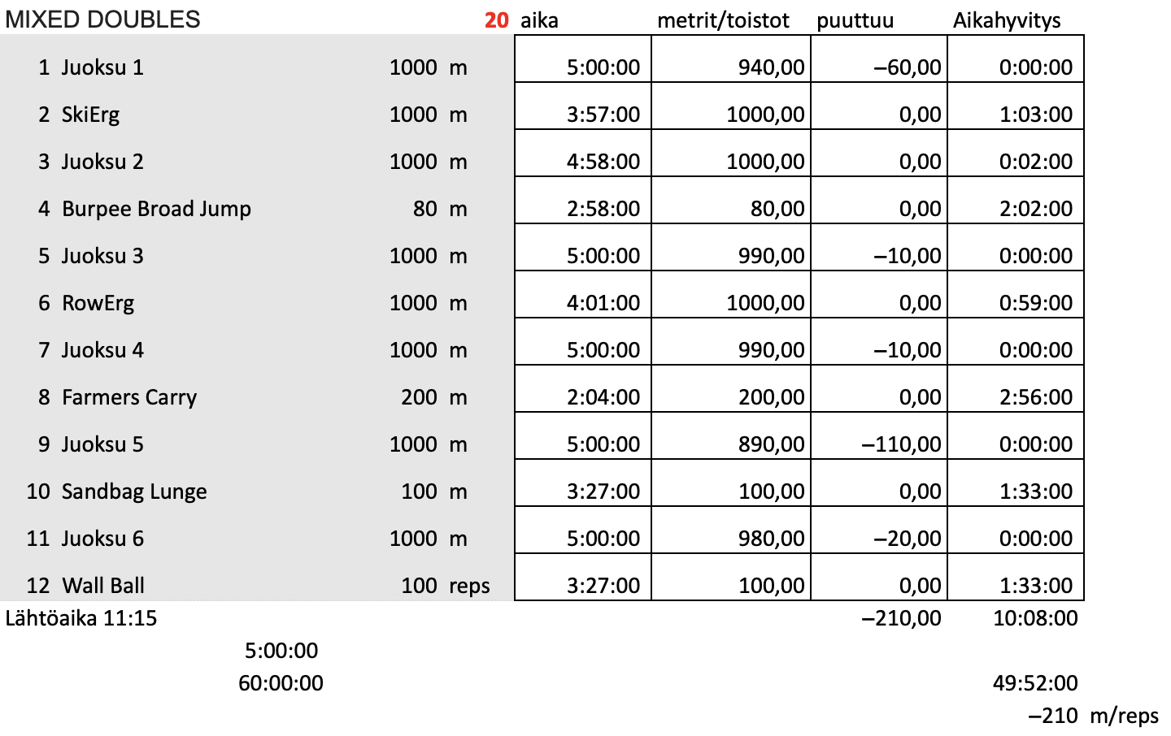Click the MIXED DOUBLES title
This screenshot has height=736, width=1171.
coord(102,19)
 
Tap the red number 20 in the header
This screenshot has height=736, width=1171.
coord(496,20)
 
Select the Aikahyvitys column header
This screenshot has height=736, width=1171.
coord(1007,20)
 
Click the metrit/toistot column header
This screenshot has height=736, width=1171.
coord(723,20)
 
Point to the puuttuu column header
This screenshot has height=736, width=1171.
coord(855,20)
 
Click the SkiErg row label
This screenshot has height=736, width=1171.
coord(90,115)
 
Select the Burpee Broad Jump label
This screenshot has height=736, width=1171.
coord(156,209)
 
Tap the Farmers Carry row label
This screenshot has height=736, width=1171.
coord(129,397)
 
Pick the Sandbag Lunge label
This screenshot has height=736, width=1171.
coord(134,491)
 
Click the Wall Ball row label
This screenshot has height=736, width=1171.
coord(103,586)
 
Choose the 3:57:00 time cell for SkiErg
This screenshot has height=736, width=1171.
coord(603,115)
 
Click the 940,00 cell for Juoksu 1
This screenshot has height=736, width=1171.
coord(771,67)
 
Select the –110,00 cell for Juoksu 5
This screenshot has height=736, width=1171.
coord(901,444)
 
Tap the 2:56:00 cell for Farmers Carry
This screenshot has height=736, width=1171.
coord(1035,397)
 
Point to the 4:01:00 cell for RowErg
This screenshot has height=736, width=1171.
coord(603,303)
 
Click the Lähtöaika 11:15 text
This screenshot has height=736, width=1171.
coord(81,618)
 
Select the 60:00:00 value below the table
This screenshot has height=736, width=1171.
coord(281,683)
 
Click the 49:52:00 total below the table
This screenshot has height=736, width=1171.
coord(1035,683)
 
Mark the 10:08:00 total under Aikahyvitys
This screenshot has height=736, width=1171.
coord(1035,618)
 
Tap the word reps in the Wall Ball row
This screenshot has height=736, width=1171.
coord(469,586)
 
